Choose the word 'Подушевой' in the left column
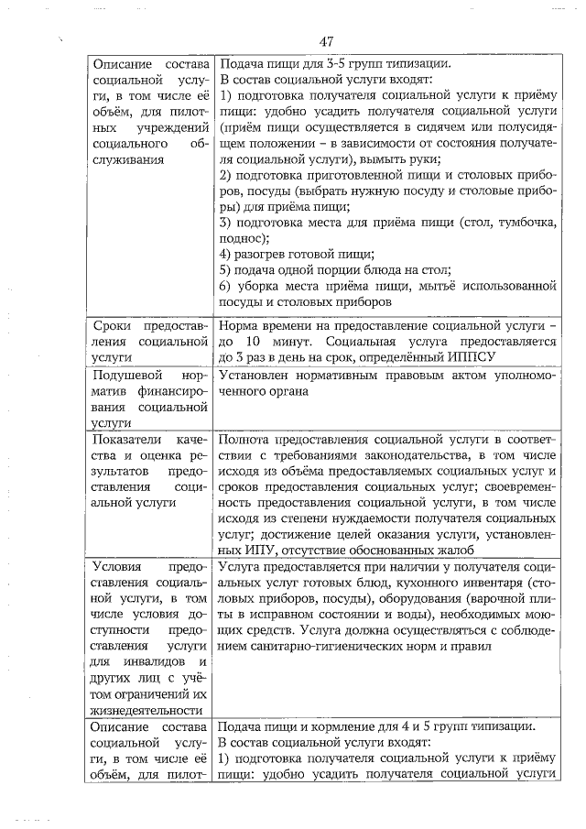pyautogui.click(x=126, y=376)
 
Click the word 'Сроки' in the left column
pyautogui.click(x=114, y=324)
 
